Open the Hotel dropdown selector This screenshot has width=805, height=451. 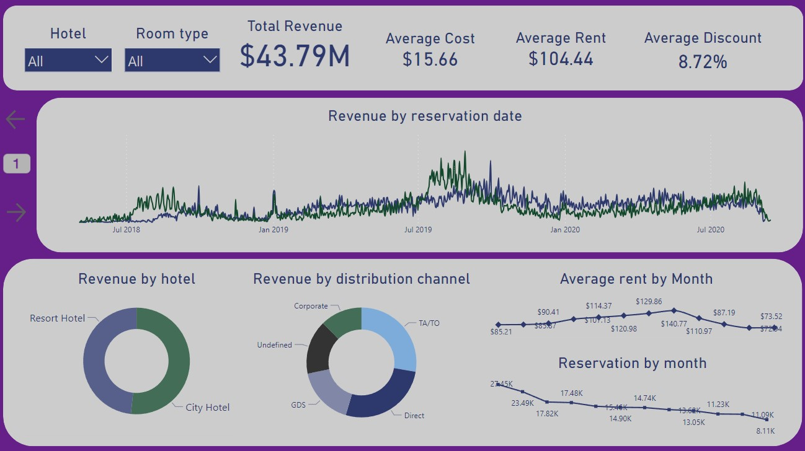point(68,61)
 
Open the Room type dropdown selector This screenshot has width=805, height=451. point(172,61)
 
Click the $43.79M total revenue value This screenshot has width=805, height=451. point(295,56)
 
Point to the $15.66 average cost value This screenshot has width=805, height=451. point(430,59)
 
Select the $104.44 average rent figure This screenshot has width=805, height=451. point(561,59)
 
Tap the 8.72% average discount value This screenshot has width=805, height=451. point(702,61)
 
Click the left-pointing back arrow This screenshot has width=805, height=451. point(16,119)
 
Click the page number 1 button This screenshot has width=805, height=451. point(17,164)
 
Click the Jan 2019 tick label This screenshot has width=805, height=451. point(273,230)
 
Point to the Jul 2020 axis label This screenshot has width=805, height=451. point(710,230)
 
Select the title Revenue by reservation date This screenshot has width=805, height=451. point(425,116)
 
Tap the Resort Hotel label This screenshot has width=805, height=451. point(57,318)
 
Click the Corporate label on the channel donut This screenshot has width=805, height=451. point(311,306)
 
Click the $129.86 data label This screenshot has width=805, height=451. point(648,302)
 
